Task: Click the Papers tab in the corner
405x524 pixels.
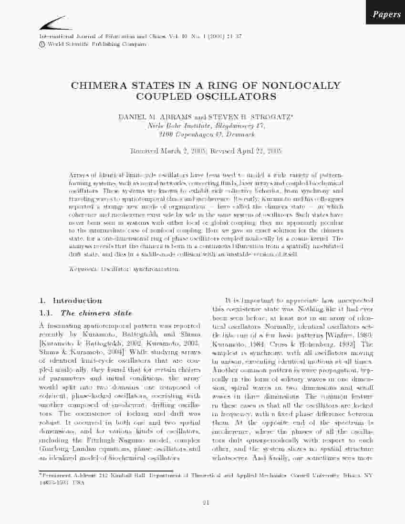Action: click(386, 15)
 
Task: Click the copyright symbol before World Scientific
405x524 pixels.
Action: click(42, 44)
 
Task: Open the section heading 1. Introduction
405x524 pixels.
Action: click(70, 301)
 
